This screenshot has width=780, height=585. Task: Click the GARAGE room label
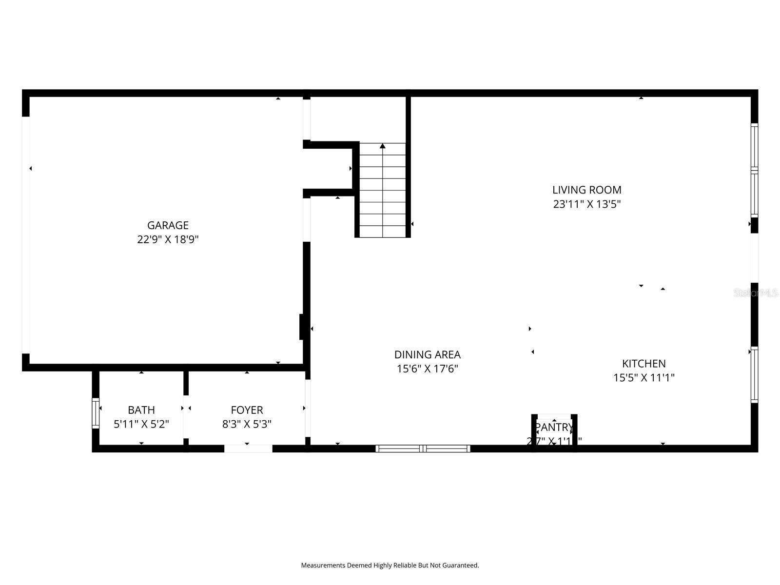(x=168, y=225)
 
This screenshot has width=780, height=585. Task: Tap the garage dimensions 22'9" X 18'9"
(x=168, y=239)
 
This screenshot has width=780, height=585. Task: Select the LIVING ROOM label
(x=586, y=190)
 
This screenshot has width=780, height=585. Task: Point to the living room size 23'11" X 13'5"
(x=586, y=204)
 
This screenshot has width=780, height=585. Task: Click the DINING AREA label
(x=427, y=354)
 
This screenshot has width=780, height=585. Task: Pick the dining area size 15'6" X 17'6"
(x=427, y=369)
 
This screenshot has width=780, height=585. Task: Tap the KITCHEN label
(x=643, y=363)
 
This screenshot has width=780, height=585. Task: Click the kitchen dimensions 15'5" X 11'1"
(x=643, y=377)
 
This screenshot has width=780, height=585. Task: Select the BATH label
(x=141, y=410)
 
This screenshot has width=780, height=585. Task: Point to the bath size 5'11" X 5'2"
(x=141, y=424)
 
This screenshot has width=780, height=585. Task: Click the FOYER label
(x=247, y=410)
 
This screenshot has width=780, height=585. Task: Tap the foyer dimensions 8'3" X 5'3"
(x=247, y=424)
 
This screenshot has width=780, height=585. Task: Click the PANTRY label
(x=554, y=428)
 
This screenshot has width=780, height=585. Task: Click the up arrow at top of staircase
(x=383, y=146)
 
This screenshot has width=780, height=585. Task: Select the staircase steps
(x=383, y=195)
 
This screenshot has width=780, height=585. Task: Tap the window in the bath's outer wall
(x=96, y=413)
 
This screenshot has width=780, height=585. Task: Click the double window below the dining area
(x=423, y=448)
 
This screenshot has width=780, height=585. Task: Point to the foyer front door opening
(x=248, y=448)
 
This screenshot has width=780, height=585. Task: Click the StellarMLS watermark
(x=756, y=292)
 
